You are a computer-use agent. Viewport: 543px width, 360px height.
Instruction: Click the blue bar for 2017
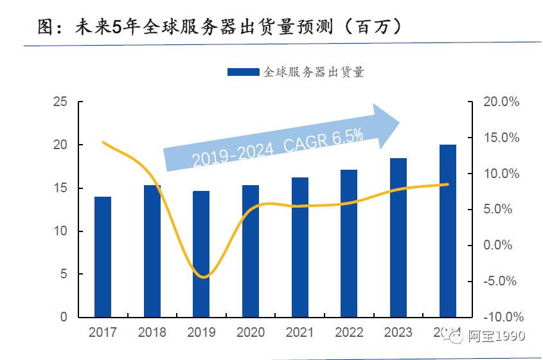(x=103, y=257)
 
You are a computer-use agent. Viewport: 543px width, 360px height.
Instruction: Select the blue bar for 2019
(x=201, y=254)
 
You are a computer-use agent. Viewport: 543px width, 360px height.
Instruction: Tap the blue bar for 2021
(x=299, y=248)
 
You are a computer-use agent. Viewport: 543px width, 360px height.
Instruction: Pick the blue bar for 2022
(x=349, y=244)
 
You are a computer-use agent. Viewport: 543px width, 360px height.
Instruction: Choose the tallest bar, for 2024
(x=448, y=231)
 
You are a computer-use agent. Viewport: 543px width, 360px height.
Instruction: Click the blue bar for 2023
(x=398, y=238)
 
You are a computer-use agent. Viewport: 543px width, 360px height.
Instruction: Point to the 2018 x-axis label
(x=152, y=332)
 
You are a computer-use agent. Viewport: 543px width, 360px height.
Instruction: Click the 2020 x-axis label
(x=251, y=332)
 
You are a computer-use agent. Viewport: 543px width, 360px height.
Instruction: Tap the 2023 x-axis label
(x=398, y=332)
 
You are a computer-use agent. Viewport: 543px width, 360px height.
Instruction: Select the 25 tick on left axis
(x=60, y=102)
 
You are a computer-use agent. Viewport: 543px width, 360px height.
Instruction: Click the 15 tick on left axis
(x=60, y=188)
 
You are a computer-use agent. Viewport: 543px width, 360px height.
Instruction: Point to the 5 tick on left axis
(x=64, y=274)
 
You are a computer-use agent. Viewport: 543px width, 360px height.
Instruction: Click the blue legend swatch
(x=244, y=73)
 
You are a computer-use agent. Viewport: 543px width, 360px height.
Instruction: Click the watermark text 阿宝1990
(x=497, y=336)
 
